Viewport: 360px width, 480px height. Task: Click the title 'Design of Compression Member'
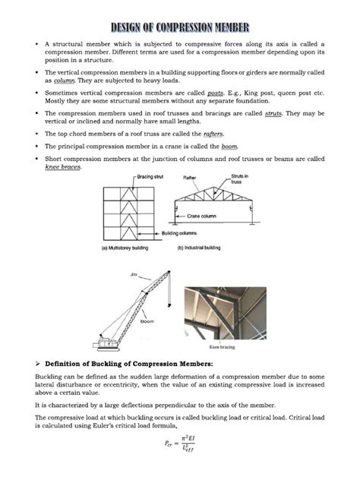tap(180, 29)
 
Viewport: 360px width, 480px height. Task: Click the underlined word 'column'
tap(62, 79)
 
